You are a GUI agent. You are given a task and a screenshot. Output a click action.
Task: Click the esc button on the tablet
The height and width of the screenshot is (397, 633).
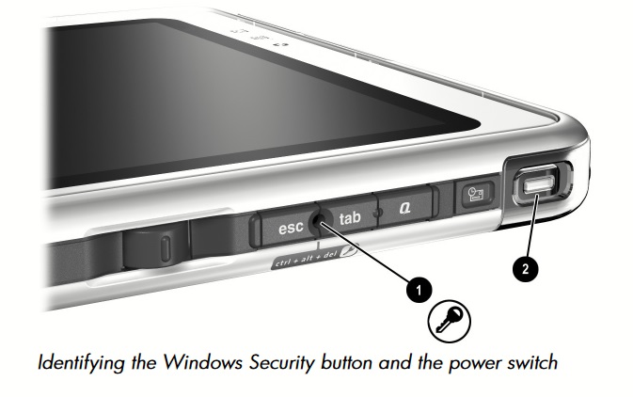[286, 226]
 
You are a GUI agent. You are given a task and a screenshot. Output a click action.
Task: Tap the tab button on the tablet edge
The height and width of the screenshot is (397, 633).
[350, 218]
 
